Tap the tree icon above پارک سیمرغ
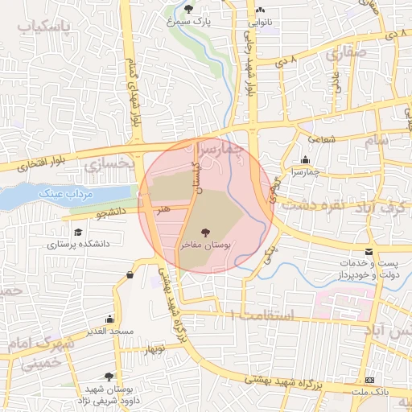(188, 9)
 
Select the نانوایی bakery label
(269, 22)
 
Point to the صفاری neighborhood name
(347, 52)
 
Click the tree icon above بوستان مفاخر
(215, 233)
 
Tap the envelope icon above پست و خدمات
(368, 252)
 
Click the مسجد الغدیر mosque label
(110, 332)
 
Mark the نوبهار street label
(154, 350)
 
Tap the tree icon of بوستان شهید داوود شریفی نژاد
(109, 377)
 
